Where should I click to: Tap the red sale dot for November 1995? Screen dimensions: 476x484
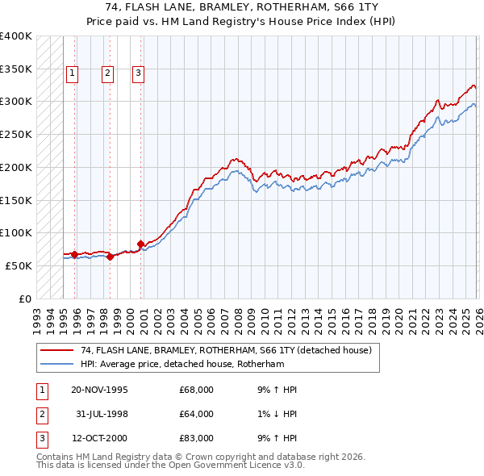point(75,254)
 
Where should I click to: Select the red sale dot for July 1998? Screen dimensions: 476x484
point(111,257)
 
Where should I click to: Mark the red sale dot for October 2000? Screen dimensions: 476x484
point(140,244)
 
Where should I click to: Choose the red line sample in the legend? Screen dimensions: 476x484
point(56,350)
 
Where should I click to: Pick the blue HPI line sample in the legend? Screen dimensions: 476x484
point(56,364)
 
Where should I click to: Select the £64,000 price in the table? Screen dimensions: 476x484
point(196,414)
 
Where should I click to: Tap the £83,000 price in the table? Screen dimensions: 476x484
point(196,438)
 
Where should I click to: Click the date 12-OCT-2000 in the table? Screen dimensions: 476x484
point(99,438)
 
